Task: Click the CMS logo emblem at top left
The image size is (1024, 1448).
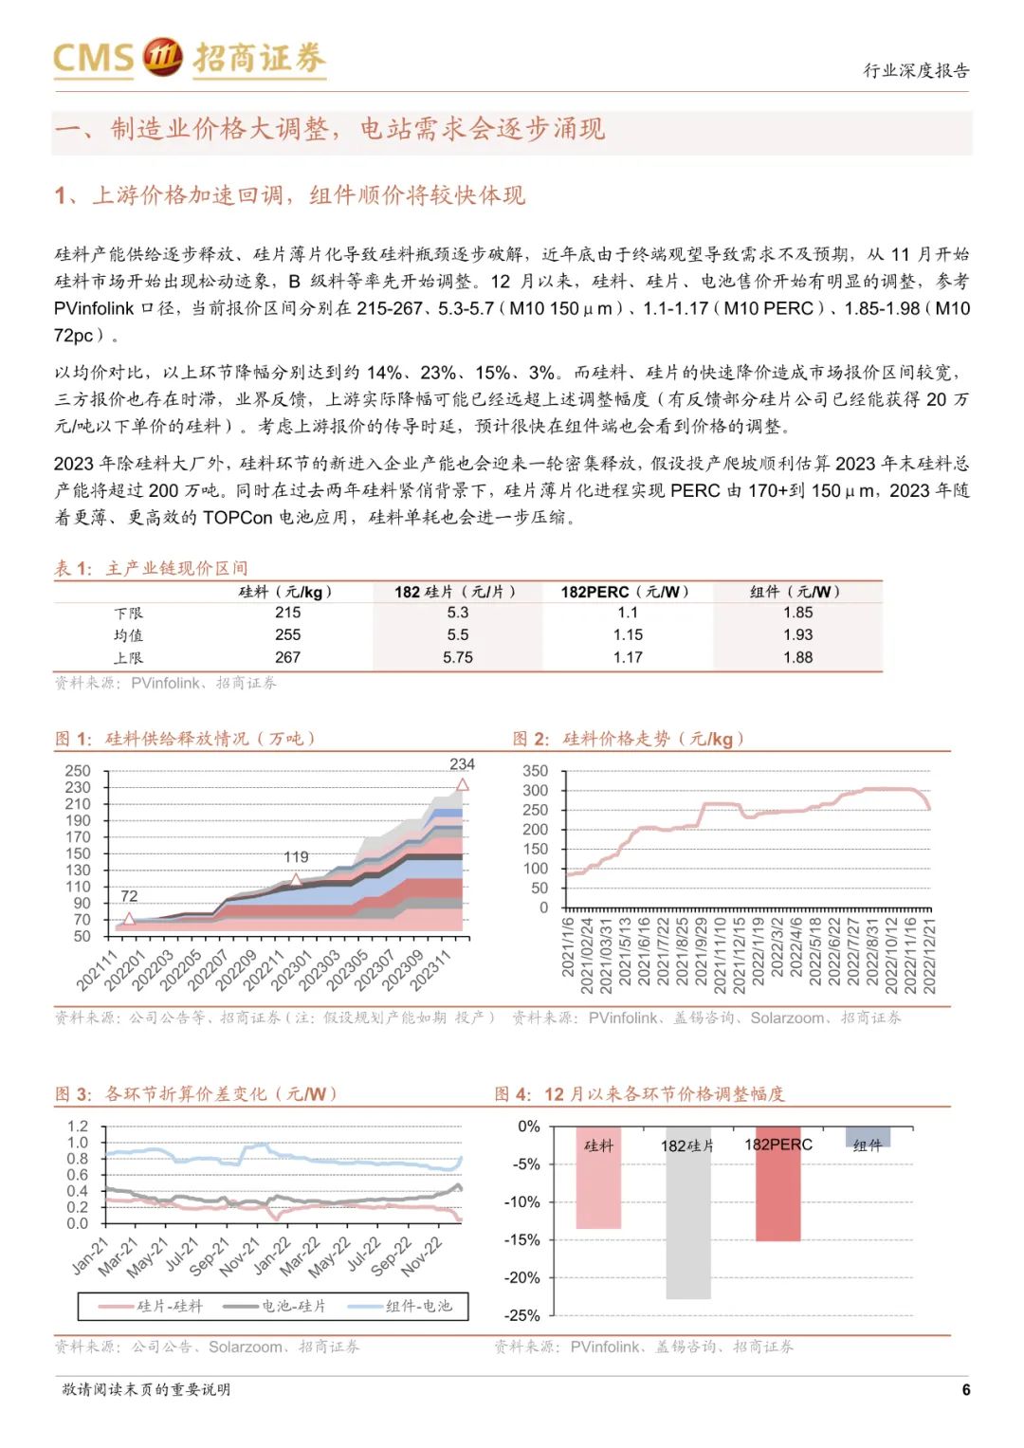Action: click(162, 56)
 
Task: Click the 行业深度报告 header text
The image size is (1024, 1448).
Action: click(916, 70)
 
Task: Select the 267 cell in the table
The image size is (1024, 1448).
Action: click(287, 657)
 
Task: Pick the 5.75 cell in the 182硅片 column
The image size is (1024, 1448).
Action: click(457, 657)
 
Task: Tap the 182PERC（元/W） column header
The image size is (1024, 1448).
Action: click(626, 592)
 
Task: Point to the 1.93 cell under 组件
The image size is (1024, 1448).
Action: click(797, 634)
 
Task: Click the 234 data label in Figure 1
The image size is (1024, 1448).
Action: click(462, 764)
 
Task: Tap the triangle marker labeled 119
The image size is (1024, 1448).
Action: click(295, 880)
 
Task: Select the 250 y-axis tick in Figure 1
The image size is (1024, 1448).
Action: click(78, 771)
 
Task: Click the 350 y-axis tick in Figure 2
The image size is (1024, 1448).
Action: click(535, 771)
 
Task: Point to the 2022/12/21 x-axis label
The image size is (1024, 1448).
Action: click(929, 955)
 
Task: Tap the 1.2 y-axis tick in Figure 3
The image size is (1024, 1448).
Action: click(78, 1127)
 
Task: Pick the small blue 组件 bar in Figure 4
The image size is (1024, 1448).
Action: click(868, 1137)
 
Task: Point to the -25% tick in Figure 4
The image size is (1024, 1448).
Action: click(521, 1315)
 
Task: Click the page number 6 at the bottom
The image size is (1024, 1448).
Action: click(965, 1389)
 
